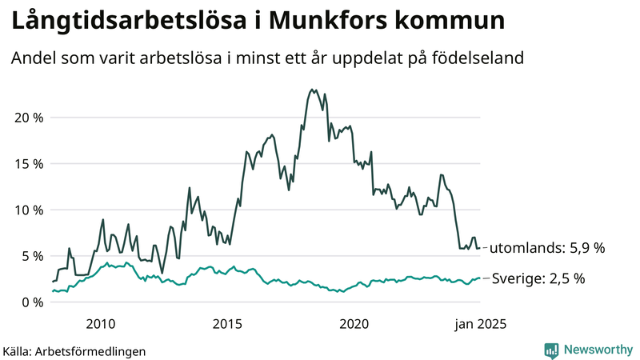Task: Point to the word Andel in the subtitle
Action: [32, 58]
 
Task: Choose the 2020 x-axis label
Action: [354, 324]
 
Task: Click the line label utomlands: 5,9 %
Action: [546, 248]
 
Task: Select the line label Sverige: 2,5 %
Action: [538, 278]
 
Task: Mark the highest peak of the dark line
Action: [313, 90]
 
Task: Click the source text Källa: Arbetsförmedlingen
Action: [74, 350]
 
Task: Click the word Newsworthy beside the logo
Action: [598, 350]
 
